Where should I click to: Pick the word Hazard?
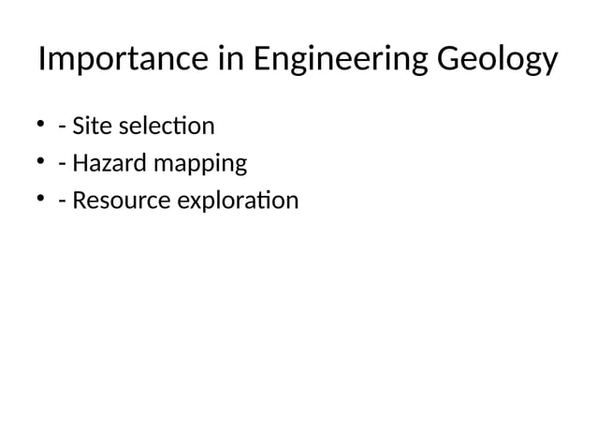[101, 164]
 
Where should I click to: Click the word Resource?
[115, 202]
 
